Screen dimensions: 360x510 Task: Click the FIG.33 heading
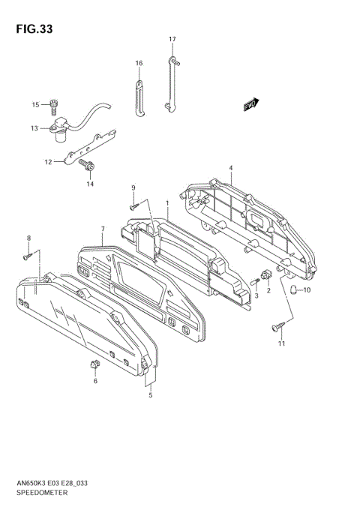click(34, 29)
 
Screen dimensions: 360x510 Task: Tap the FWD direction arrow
click(251, 104)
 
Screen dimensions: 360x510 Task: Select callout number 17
click(172, 39)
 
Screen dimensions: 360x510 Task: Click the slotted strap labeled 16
click(139, 98)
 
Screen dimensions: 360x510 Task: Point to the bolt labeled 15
click(54, 106)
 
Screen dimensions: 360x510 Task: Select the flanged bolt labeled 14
click(87, 166)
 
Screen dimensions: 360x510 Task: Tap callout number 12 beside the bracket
click(48, 162)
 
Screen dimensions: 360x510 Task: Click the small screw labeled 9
click(134, 206)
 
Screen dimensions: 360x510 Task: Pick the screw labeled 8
click(28, 256)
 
